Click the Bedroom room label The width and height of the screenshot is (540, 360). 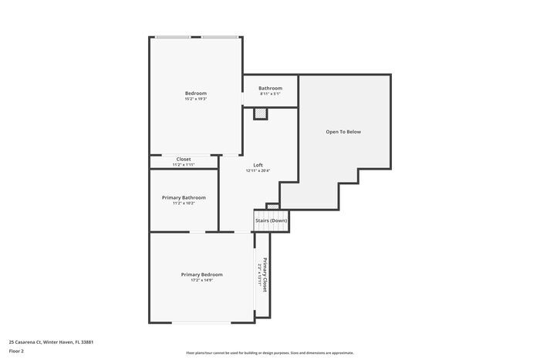pyautogui.click(x=195, y=93)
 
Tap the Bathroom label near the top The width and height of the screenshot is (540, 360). pyautogui.click(x=270, y=88)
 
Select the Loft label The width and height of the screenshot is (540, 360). pyautogui.click(x=258, y=165)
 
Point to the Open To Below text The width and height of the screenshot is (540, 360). pyautogui.click(x=343, y=132)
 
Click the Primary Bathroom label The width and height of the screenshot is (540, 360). pyautogui.click(x=184, y=197)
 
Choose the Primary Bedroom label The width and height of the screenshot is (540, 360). pyautogui.click(x=201, y=274)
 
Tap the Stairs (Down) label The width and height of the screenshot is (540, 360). pyautogui.click(x=272, y=220)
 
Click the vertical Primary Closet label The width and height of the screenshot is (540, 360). pyautogui.click(x=265, y=274)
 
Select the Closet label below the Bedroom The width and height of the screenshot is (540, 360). pyautogui.click(x=184, y=159)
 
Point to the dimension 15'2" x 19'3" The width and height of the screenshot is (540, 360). pyautogui.click(x=195, y=99)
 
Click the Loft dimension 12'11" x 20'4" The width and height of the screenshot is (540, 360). pyautogui.click(x=258, y=171)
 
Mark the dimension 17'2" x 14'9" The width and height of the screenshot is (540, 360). pyautogui.click(x=201, y=281)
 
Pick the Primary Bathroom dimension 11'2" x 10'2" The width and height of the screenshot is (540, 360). pyautogui.click(x=184, y=204)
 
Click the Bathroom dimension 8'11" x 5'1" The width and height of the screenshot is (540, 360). pyautogui.click(x=270, y=94)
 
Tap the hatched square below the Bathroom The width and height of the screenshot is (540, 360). pyautogui.click(x=261, y=113)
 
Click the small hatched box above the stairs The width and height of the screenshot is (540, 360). pyautogui.click(x=272, y=206)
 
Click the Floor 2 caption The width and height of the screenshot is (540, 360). pyautogui.click(x=16, y=351)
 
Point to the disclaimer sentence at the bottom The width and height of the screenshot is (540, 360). pyautogui.click(x=270, y=352)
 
